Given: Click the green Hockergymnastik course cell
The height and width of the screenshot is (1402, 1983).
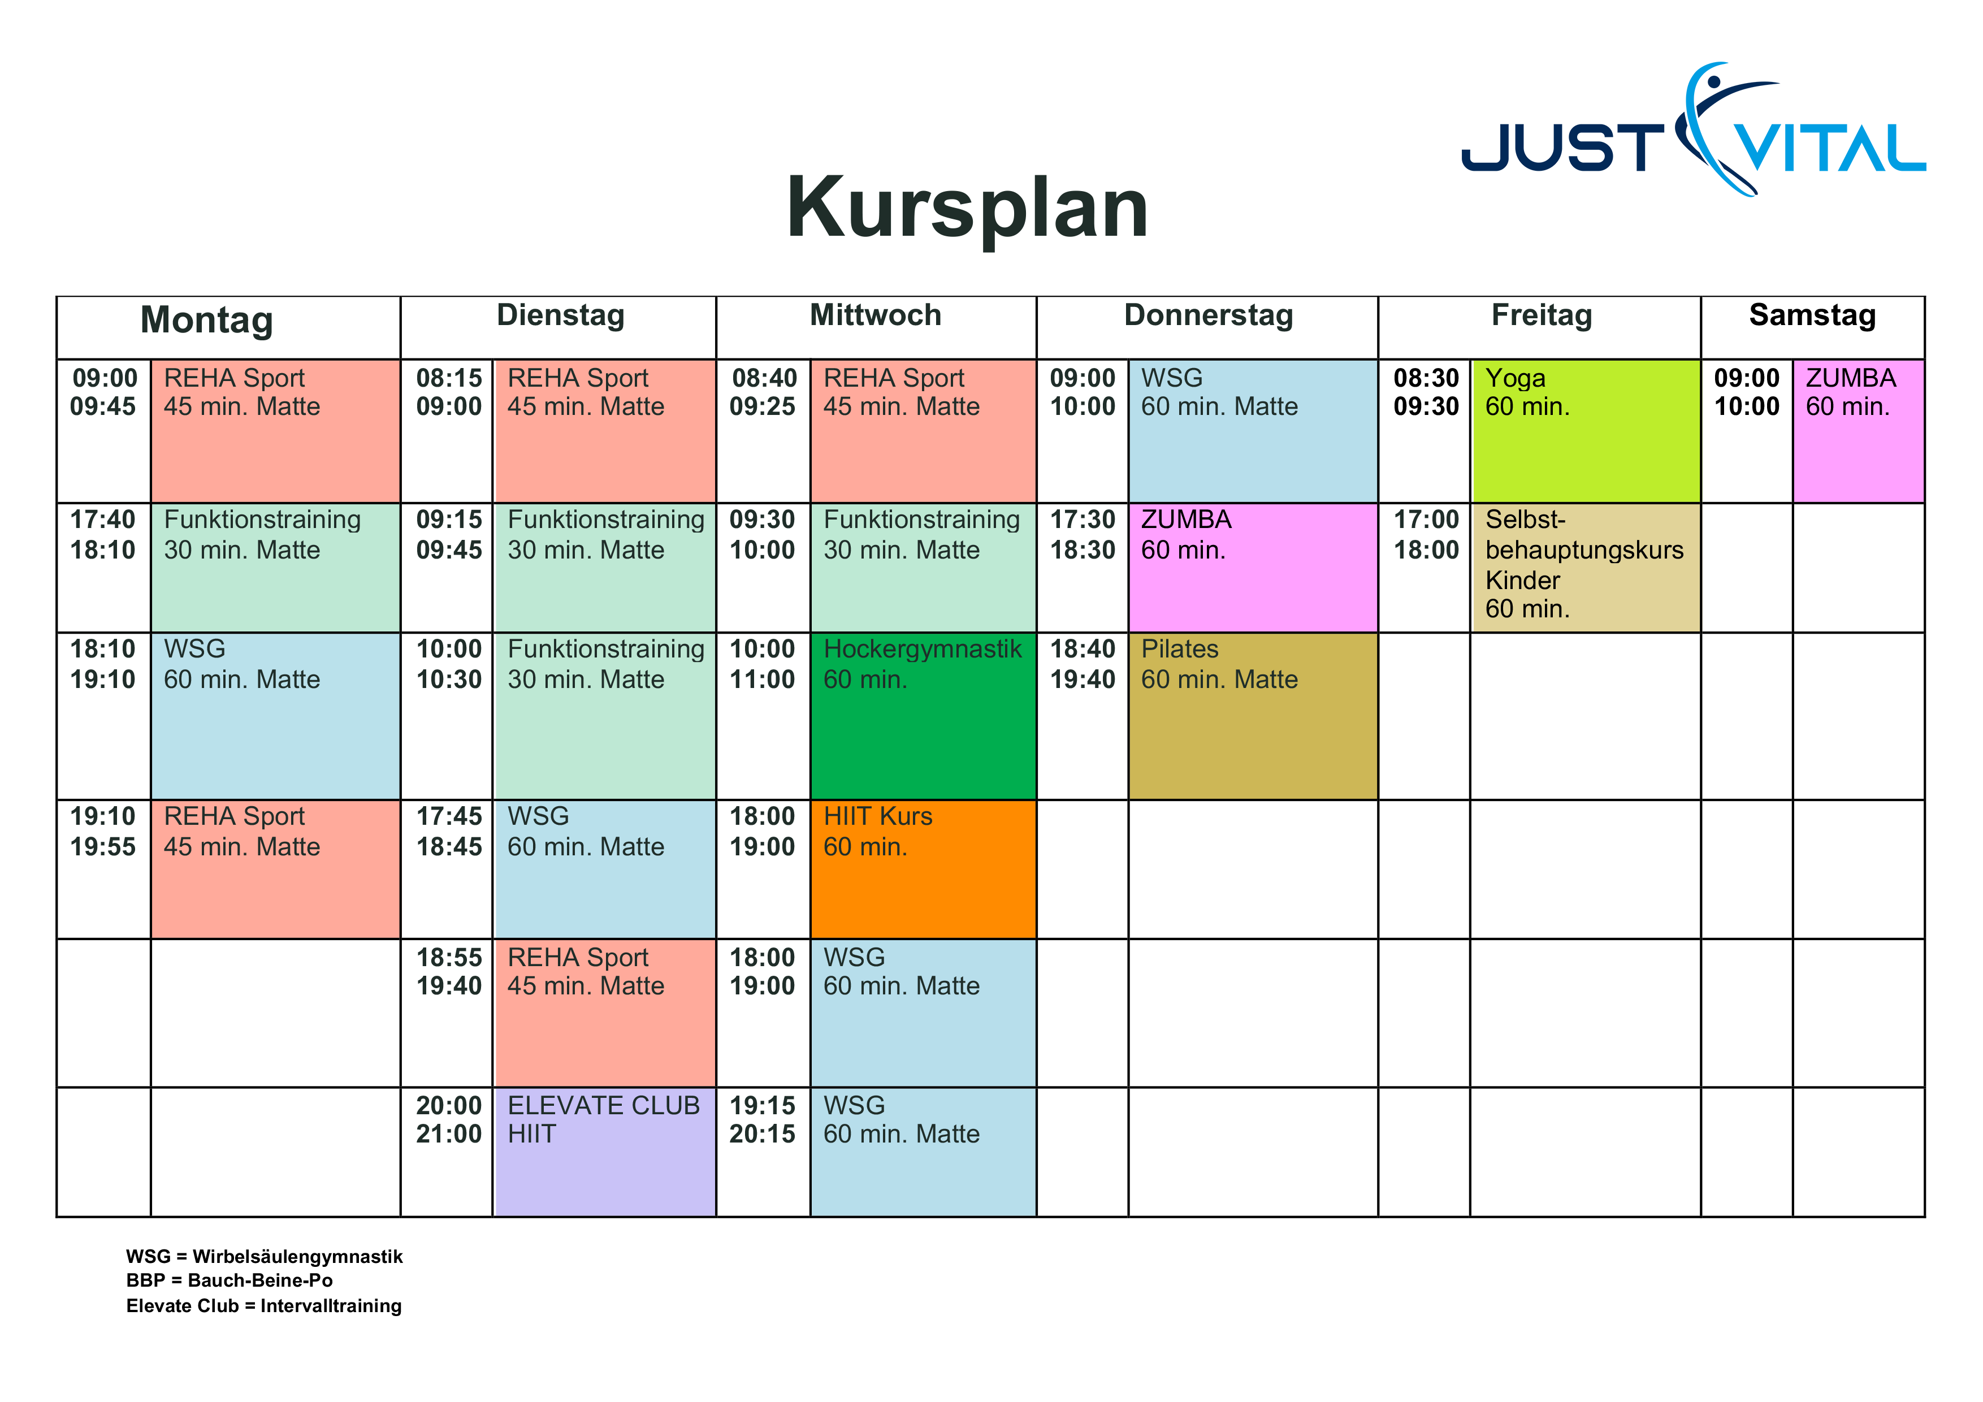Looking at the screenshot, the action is click(x=923, y=715).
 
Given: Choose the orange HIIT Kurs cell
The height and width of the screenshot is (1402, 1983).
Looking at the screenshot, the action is click(x=923, y=868).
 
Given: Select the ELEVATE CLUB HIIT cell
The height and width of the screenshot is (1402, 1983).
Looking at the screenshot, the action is click(x=605, y=1150).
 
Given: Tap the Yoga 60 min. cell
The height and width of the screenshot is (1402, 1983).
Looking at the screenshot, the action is click(x=1586, y=430).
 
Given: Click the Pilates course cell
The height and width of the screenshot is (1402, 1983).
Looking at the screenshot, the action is click(x=1252, y=715).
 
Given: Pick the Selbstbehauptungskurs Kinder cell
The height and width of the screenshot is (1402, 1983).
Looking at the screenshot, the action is click(x=1586, y=566).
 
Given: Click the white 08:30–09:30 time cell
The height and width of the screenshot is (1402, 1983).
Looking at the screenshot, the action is click(x=1425, y=430).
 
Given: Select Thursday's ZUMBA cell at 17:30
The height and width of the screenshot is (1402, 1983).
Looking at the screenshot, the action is click(x=1252, y=566).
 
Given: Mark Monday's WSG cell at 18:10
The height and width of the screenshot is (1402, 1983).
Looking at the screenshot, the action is click(x=275, y=715).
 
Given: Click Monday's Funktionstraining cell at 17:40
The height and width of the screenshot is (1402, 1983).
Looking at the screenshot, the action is click(x=275, y=566).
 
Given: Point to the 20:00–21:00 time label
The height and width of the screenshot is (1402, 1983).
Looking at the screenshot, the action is click(x=448, y=1119).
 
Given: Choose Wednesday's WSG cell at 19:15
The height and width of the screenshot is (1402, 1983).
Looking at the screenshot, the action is click(x=923, y=1150).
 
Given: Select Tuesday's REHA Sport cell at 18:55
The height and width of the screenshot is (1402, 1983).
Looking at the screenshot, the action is click(x=605, y=1011).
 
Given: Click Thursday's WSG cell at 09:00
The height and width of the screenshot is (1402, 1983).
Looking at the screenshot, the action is click(x=1252, y=430).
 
